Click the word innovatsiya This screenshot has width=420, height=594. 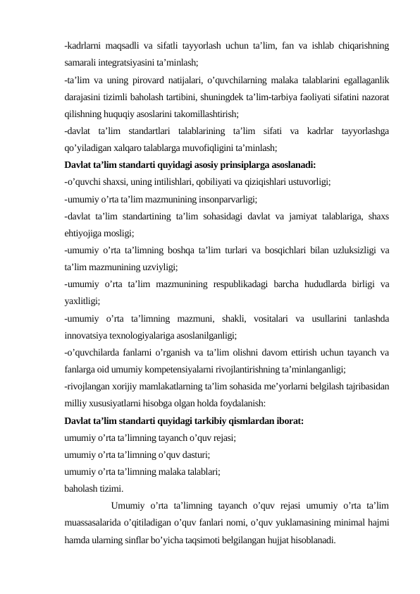coord(89,336)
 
